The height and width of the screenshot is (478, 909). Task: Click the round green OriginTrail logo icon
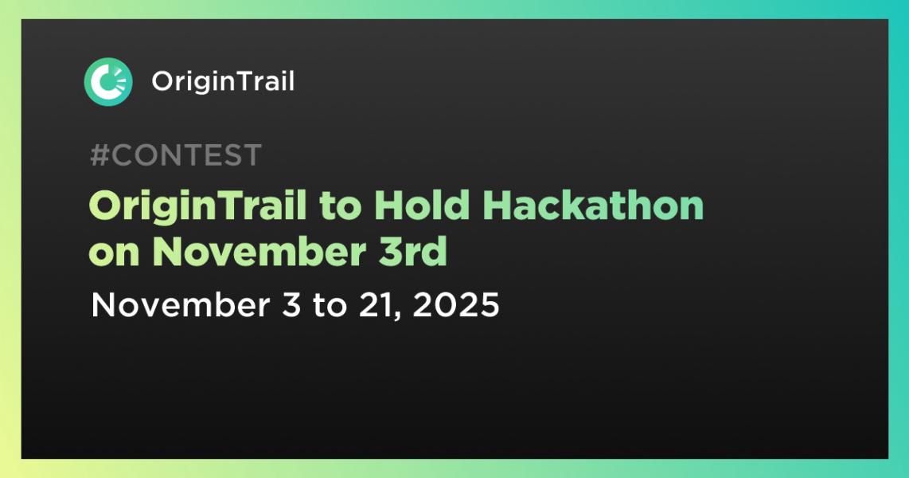[x=108, y=81]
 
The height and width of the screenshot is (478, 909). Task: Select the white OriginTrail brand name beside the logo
[x=223, y=81]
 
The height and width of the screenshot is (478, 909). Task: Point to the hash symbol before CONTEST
[x=99, y=155]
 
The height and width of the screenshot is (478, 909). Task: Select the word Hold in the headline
[x=421, y=206]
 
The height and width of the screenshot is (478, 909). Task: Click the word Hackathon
[x=593, y=206]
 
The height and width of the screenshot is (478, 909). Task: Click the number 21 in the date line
[x=371, y=305]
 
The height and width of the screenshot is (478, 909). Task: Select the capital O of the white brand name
[x=162, y=81]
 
